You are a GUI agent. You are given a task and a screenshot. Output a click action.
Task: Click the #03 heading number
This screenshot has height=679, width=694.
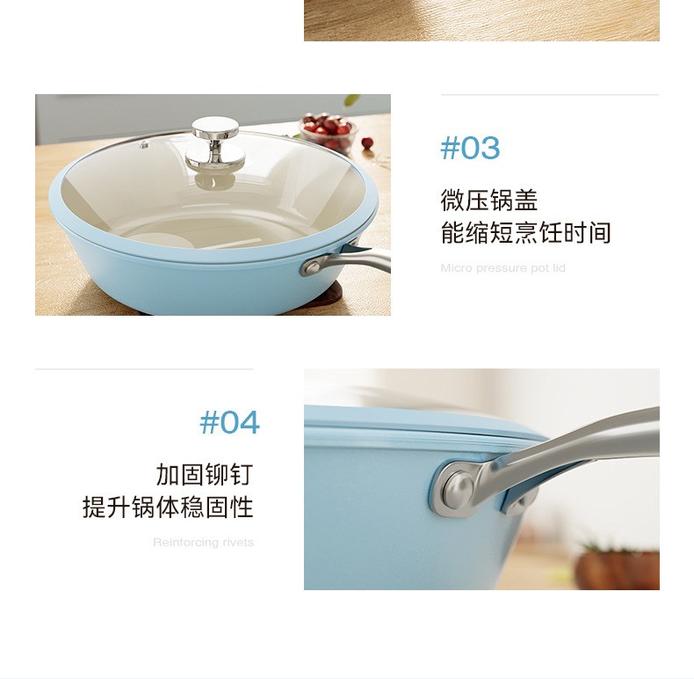point(470,148)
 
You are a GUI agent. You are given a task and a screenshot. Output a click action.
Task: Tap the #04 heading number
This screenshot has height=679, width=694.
point(229,422)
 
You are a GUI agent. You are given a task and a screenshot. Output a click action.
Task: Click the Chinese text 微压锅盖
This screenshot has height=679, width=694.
point(489,200)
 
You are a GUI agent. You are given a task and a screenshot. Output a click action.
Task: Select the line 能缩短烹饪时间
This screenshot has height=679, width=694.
point(526,233)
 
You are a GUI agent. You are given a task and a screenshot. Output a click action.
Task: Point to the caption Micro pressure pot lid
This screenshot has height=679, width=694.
point(502,268)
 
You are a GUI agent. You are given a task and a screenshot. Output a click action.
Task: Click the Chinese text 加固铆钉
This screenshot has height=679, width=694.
point(205,474)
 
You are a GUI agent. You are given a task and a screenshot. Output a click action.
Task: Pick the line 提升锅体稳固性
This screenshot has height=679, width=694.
point(168,507)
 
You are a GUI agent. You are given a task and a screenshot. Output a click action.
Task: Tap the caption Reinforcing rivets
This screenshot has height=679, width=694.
point(203,543)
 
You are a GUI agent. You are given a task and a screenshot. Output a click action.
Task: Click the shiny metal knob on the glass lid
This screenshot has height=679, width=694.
point(215,142)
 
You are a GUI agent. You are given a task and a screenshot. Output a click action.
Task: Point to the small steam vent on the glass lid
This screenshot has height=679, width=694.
point(144,144)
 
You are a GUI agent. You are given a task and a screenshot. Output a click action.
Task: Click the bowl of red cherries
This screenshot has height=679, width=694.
point(329,131)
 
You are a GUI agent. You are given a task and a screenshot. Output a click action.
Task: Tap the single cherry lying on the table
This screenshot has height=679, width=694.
point(367,142)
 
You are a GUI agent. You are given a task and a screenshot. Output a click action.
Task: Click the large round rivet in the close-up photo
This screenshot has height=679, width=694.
point(458,489)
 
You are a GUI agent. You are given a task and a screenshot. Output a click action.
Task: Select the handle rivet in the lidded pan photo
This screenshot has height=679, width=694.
point(313,267)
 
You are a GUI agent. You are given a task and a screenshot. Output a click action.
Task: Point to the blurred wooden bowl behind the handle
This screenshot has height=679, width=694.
point(617,569)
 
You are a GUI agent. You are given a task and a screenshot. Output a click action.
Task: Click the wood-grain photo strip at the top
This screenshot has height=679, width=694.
point(481,20)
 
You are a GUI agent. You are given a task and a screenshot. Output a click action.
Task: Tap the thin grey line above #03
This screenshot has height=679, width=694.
point(550,94)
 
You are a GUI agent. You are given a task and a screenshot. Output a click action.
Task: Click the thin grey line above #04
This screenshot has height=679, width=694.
point(144,369)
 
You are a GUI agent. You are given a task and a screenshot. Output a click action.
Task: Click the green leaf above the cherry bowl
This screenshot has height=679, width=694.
point(352,99)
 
